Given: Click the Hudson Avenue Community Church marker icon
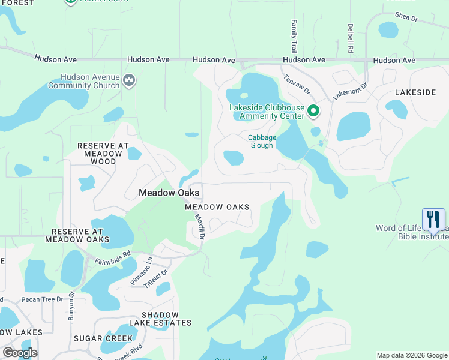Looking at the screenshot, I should [x=128, y=80].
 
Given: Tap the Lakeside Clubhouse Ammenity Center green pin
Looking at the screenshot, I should [x=313, y=111].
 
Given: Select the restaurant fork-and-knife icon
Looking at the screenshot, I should [x=433, y=219].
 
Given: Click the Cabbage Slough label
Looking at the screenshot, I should [x=262, y=141].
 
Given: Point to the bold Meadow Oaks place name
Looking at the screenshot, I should [x=169, y=193].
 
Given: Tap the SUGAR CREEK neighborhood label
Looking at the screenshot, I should [x=103, y=338].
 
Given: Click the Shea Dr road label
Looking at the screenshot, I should [x=406, y=17].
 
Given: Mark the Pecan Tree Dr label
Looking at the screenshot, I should [x=41, y=299].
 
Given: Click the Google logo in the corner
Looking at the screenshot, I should [x=20, y=353].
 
